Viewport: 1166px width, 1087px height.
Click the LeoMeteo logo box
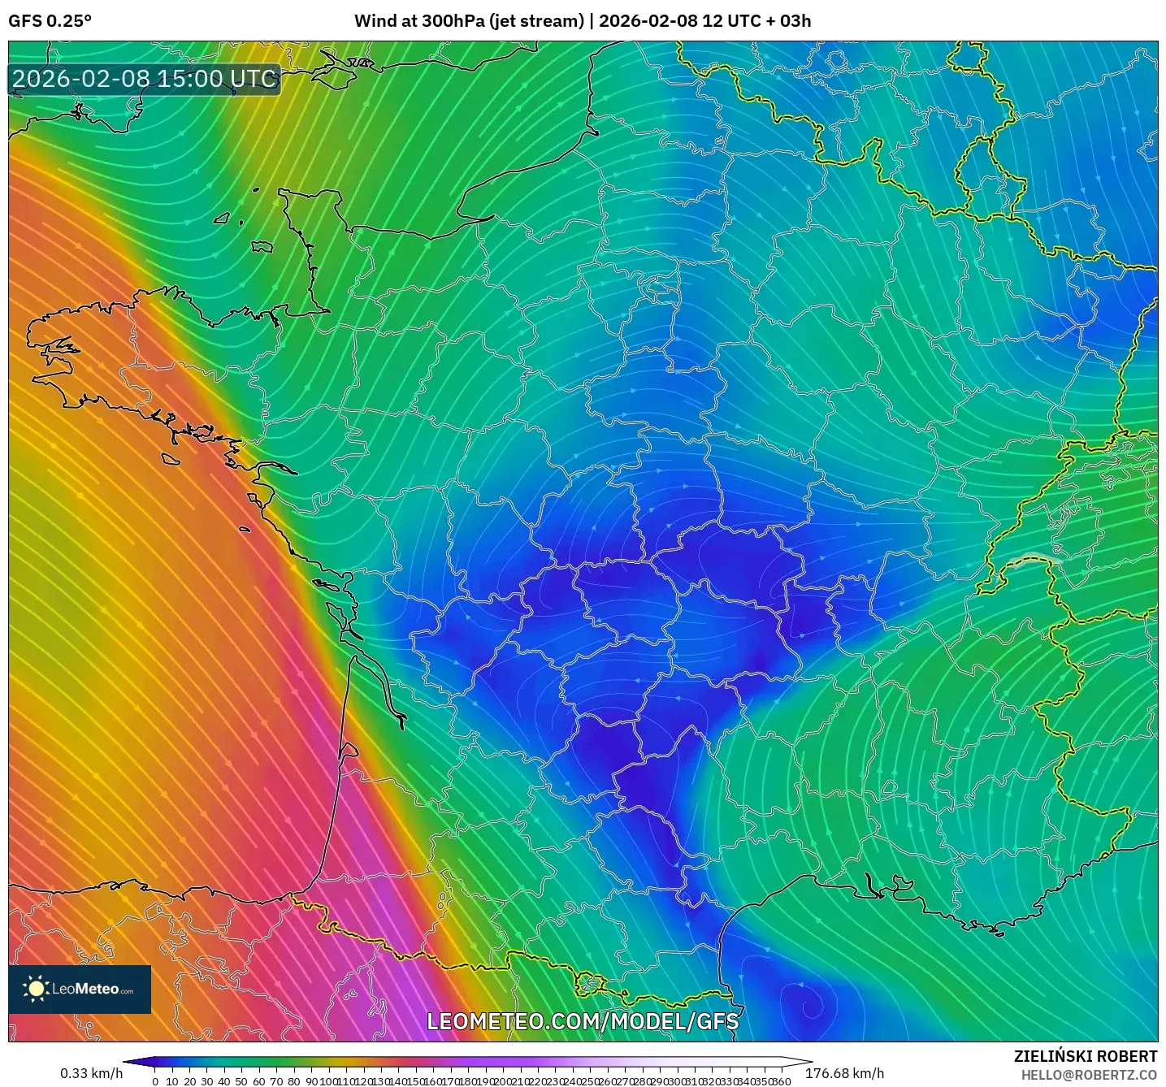(x=80, y=989)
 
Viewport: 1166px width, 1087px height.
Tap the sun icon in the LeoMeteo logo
(x=36, y=989)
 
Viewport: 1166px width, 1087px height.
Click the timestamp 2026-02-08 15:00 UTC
(x=145, y=79)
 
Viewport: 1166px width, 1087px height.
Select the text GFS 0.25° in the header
(x=50, y=21)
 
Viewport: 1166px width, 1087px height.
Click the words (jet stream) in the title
(x=537, y=21)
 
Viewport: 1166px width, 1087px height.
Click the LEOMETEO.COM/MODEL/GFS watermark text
(x=583, y=1021)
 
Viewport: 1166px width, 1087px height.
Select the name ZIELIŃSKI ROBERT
(x=1085, y=1056)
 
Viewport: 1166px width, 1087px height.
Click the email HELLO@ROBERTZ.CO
(x=1089, y=1075)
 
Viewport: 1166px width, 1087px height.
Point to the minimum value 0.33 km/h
(x=91, y=1073)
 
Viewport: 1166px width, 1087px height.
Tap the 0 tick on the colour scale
(x=155, y=1081)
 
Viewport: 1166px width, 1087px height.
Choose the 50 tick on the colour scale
(x=241, y=1081)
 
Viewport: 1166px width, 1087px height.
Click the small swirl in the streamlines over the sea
(x=809, y=1008)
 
